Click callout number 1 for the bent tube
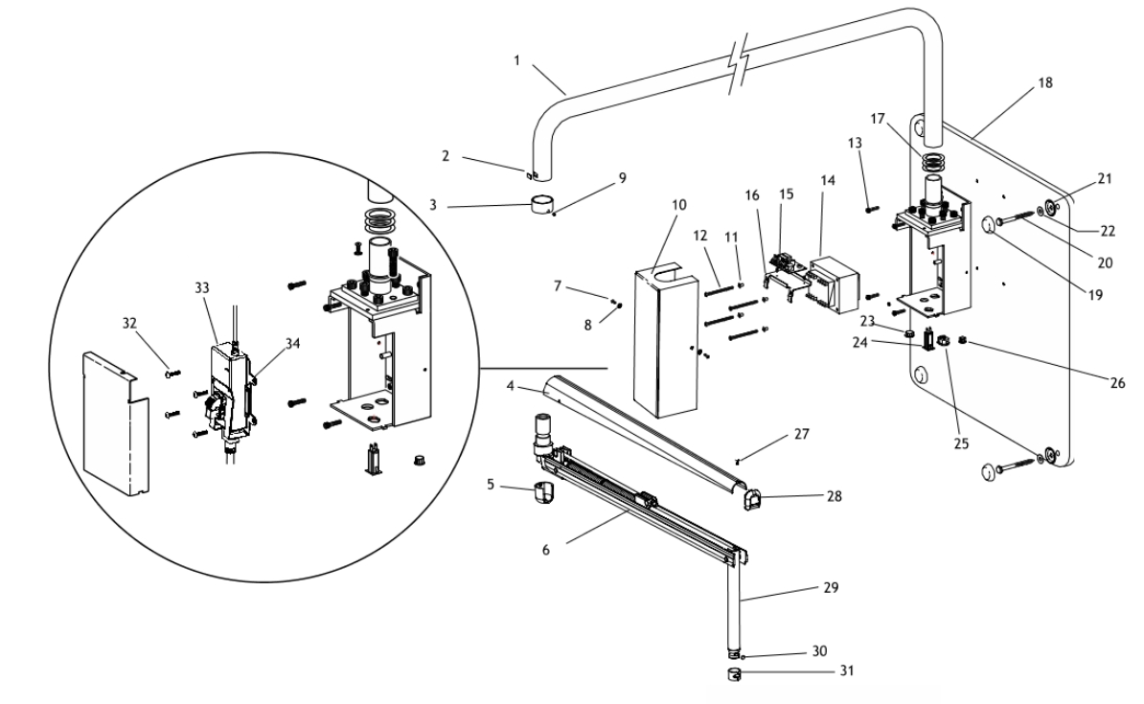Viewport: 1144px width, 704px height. pyautogui.click(x=516, y=60)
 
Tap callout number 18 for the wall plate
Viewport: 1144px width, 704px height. pyautogui.click(x=1045, y=82)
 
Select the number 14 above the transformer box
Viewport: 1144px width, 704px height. pyautogui.click(x=828, y=180)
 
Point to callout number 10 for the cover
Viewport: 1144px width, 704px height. pyautogui.click(x=678, y=205)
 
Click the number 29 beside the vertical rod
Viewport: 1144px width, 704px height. pyautogui.click(x=831, y=587)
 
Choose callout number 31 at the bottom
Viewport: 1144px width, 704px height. pyautogui.click(x=846, y=670)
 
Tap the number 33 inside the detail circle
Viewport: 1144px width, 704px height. pyautogui.click(x=202, y=287)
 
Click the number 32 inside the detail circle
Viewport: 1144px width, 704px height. pyautogui.click(x=129, y=323)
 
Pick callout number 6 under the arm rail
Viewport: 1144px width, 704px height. pyautogui.click(x=546, y=550)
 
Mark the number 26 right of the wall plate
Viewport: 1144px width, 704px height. pyautogui.click(x=1117, y=382)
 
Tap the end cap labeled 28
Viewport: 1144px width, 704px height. pyautogui.click(x=751, y=500)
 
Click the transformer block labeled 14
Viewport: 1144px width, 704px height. pyautogui.click(x=833, y=284)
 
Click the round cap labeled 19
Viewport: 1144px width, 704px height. pyautogui.click(x=990, y=225)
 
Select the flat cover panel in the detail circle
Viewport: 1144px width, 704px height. pyautogui.click(x=115, y=423)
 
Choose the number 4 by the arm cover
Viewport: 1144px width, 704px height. pyautogui.click(x=511, y=385)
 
